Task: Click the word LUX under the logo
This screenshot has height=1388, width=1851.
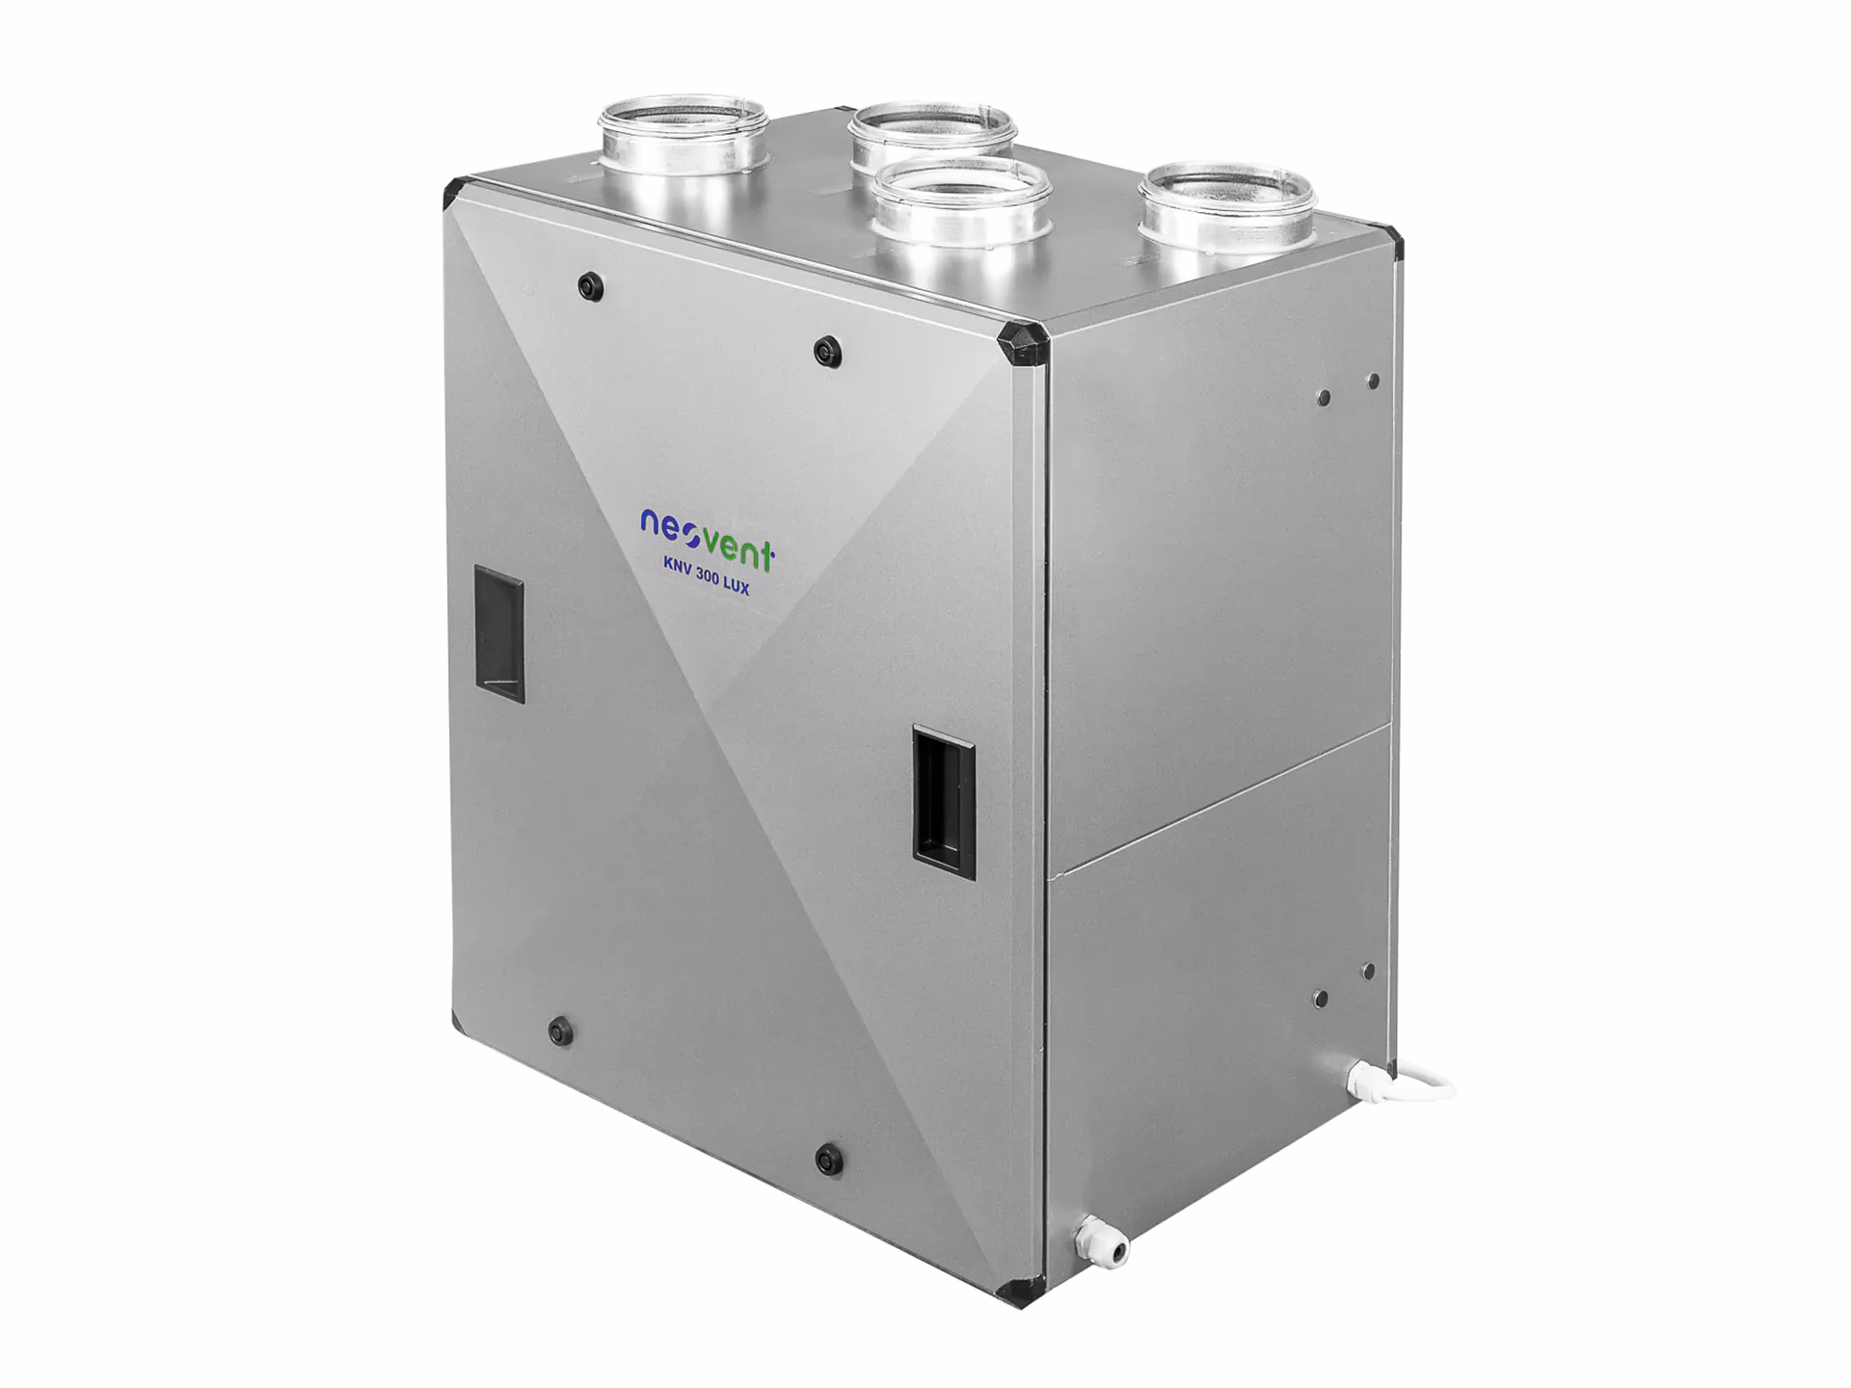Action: click(737, 587)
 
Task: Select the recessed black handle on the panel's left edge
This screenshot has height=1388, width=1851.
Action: click(499, 633)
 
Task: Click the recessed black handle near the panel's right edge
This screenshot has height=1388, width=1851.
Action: click(944, 802)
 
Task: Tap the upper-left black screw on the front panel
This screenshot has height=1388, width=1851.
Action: click(587, 285)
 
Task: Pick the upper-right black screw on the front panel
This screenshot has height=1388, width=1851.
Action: click(826, 352)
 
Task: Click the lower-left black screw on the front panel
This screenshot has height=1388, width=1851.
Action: click(558, 1031)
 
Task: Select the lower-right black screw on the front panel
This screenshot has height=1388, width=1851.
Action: click(828, 1160)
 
